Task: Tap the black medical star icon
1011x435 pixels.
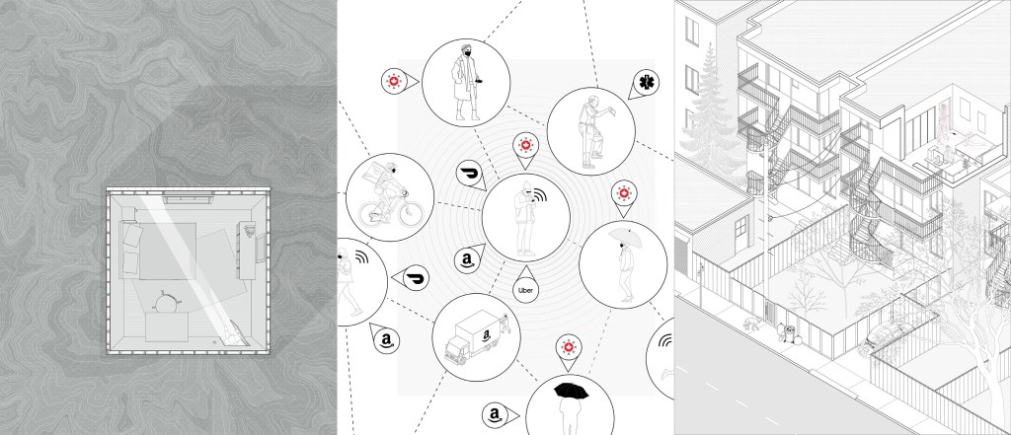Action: coord(645,82)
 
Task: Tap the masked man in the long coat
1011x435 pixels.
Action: coord(466,83)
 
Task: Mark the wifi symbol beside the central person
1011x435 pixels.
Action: coord(540,196)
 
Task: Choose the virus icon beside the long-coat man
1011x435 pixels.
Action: coord(392,81)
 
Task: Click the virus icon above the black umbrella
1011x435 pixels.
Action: coord(568,347)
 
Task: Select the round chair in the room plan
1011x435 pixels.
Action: coord(165,300)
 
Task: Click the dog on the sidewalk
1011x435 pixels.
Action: coord(751,324)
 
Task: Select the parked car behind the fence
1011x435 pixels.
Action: coord(885,332)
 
